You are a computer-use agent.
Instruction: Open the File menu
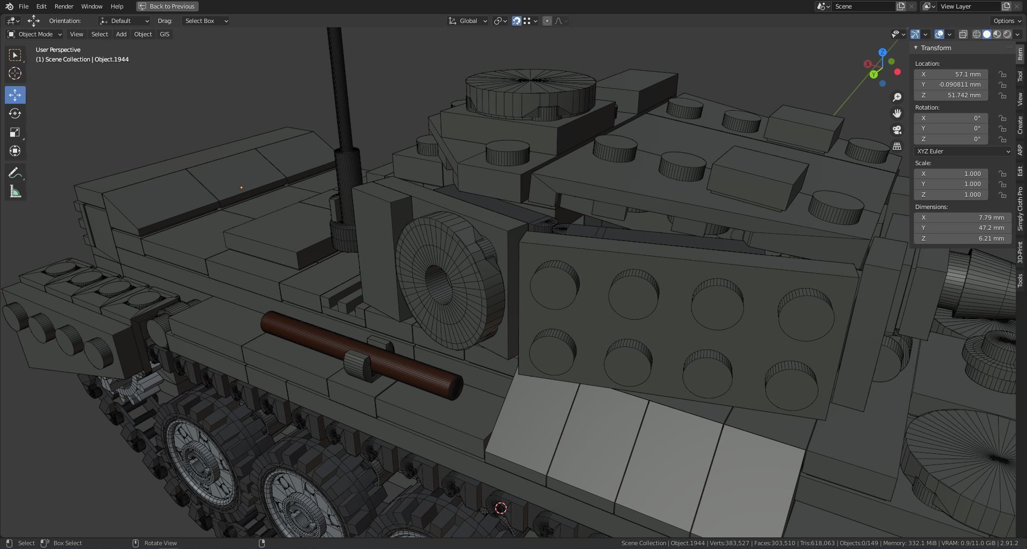click(x=24, y=6)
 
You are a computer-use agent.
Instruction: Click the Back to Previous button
click(x=167, y=6)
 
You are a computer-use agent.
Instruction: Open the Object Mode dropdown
click(x=35, y=34)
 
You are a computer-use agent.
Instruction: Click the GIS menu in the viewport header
click(x=164, y=34)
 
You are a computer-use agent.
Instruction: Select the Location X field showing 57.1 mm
click(x=951, y=74)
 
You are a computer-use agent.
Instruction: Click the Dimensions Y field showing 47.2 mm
click(x=951, y=228)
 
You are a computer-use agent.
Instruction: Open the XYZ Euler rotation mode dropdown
click(x=962, y=151)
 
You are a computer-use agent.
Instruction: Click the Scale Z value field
click(x=951, y=195)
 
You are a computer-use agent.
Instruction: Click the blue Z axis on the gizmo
click(x=882, y=52)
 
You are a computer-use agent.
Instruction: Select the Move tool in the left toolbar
click(x=15, y=95)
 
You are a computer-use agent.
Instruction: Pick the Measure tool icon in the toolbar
click(x=15, y=192)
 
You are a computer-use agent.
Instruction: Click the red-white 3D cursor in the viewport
click(x=501, y=508)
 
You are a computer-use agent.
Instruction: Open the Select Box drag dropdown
click(x=206, y=21)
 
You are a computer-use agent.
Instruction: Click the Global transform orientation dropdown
click(x=467, y=21)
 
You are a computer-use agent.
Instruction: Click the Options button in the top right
click(x=1007, y=21)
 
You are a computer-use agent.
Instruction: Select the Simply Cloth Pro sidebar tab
click(x=1020, y=208)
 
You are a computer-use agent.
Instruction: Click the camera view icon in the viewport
click(x=897, y=130)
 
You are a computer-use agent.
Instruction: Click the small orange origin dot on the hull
click(x=241, y=188)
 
